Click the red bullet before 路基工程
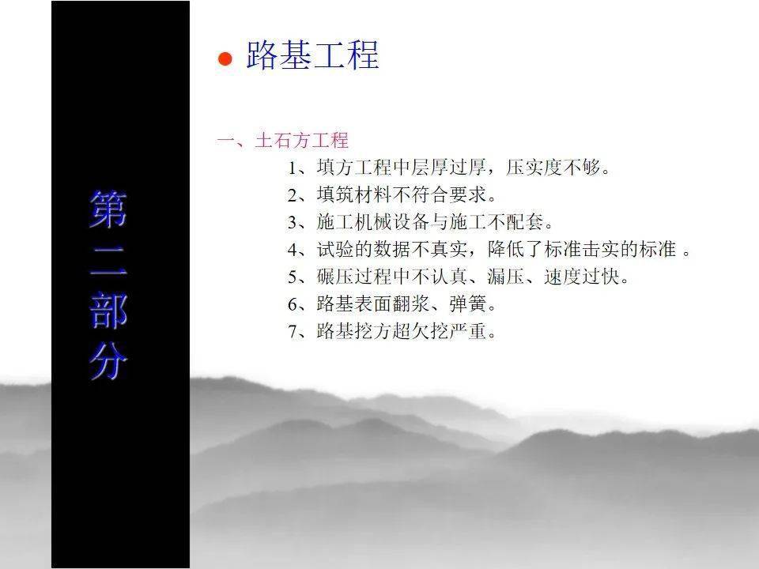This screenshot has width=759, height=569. [225, 58]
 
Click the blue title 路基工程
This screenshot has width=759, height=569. [312, 55]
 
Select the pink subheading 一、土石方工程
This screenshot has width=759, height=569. [283, 141]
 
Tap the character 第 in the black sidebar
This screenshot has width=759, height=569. [108, 209]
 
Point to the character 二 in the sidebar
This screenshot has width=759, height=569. [108, 261]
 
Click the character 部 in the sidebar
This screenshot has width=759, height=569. [108, 310]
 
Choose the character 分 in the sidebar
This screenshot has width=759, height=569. [108, 361]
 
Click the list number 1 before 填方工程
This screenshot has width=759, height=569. [293, 168]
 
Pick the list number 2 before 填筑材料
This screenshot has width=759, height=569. [293, 195]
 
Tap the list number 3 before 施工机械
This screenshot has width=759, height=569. [293, 223]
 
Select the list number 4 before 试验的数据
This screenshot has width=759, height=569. [293, 250]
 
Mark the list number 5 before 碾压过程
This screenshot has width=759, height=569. [293, 277]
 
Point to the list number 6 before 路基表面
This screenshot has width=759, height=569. [293, 304]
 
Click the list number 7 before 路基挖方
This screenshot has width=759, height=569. [293, 332]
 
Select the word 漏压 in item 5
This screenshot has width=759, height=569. [506, 277]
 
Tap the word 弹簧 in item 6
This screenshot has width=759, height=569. [468, 303]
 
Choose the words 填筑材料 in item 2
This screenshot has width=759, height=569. [354, 194]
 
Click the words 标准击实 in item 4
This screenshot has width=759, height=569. [581, 249]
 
